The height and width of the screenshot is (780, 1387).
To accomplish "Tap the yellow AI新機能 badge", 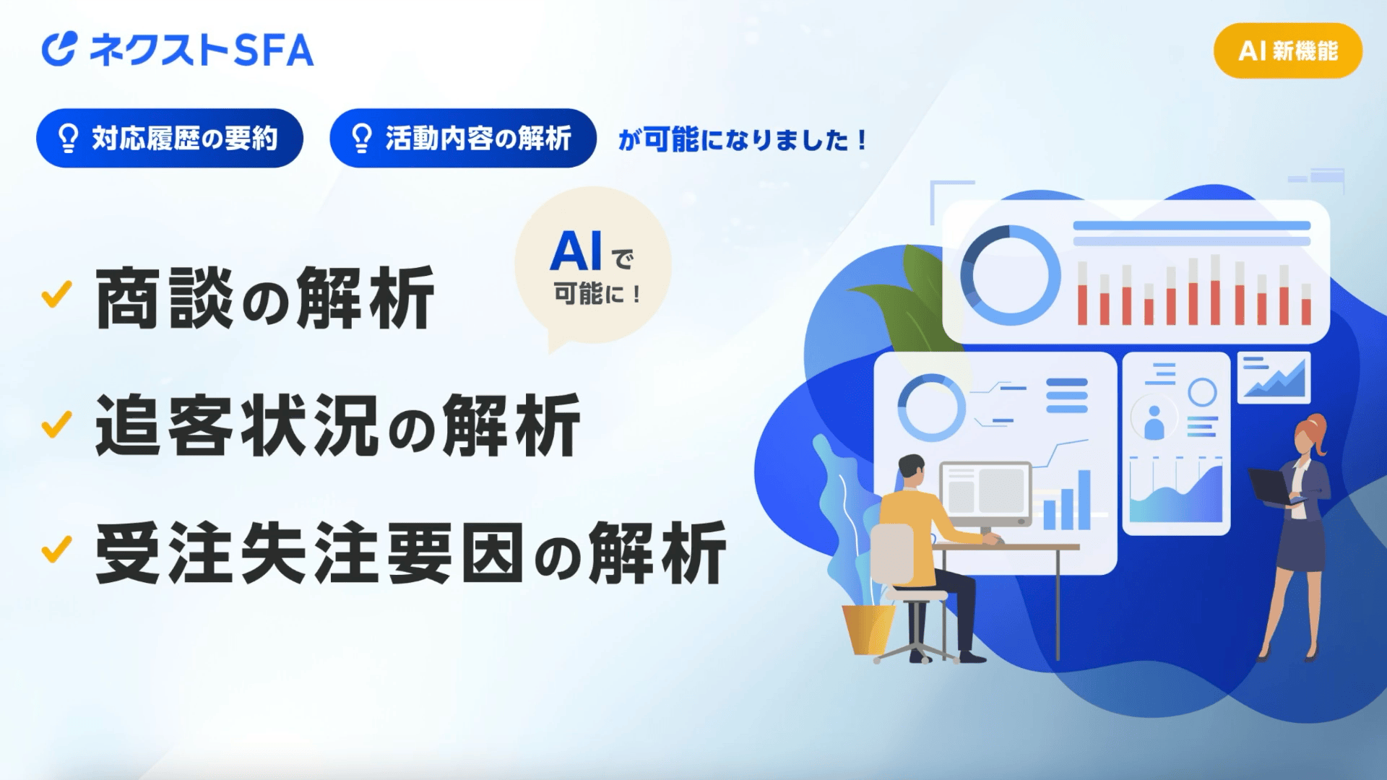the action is click(1288, 51).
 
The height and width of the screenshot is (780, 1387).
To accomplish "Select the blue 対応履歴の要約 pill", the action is click(170, 138).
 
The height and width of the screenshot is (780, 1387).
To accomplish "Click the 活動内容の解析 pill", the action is click(463, 138).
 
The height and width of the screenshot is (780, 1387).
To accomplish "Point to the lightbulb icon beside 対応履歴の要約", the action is click(68, 138).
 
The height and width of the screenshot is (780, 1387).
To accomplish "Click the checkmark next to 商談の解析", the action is click(56, 294).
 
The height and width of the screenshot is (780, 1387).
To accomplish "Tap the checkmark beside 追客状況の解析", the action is click(56, 424).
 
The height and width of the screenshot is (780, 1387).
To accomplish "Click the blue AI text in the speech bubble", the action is click(576, 251).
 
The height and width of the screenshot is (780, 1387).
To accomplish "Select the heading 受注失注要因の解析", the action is click(410, 553).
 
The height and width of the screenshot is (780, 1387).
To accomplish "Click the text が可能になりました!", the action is click(742, 139).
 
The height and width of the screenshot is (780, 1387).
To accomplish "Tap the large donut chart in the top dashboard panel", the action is click(1010, 275).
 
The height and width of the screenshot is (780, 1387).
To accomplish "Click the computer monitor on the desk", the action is click(986, 496).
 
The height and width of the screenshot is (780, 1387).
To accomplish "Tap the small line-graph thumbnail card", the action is click(1274, 377).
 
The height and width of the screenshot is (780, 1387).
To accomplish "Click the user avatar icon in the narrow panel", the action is click(1154, 421).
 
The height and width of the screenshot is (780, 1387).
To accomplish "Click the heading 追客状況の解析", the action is click(337, 425).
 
